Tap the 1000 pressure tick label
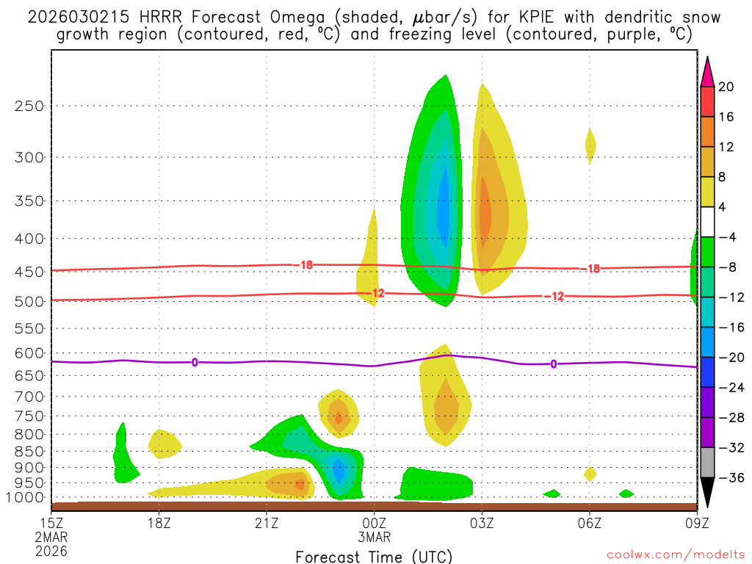[27, 498]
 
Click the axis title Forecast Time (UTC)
[374, 556]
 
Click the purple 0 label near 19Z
[195, 362]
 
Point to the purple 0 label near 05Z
[553, 364]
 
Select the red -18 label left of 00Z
[306, 264]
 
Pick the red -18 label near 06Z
[591, 269]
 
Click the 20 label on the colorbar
[726, 87]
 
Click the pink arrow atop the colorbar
[707, 71]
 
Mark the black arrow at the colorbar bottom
[707, 493]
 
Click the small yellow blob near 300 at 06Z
[590, 145]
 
